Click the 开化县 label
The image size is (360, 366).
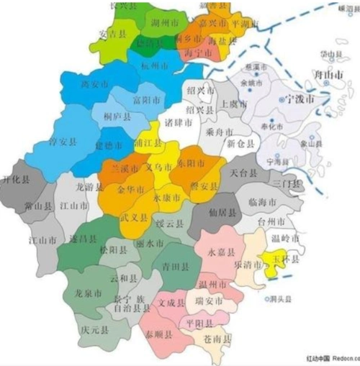tap(17, 178)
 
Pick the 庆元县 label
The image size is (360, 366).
tap(94, 331)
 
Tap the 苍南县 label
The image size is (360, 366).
tap(218, 338)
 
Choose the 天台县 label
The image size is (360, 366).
tap(243, 173)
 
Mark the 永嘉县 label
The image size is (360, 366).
tap(222, 252)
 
